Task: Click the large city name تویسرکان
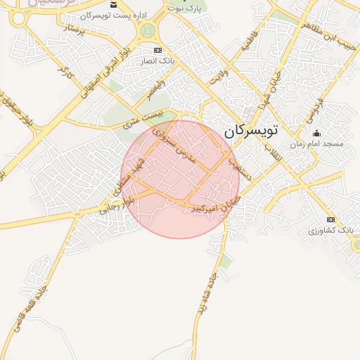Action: (x=251, y=130)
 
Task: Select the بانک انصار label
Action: (x=158, y=61)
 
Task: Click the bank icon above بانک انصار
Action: (x=157, y=51)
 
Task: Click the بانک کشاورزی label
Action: (x=330, y=230)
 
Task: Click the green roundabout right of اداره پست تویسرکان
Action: (x=148, y=30)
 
